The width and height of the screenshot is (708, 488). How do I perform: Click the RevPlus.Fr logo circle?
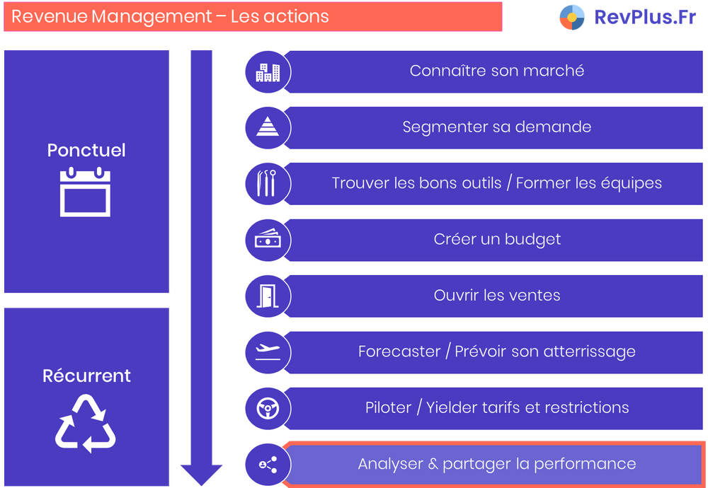tap(572, 17)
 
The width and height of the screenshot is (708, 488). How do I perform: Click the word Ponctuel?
tap(86, 150)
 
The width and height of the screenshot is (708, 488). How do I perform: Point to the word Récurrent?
tap(86, 376)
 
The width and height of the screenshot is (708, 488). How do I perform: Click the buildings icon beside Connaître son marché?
tap(268, 71)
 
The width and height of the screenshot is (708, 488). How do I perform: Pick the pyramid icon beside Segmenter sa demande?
tap(268, 127)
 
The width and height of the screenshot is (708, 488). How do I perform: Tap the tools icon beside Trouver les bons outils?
tap(268, 183)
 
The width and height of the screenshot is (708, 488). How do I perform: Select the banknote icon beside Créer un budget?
tap(268, 240)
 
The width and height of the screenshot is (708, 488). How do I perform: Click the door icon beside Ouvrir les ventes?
tap(268, 296)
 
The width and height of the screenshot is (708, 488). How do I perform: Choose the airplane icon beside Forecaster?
tap(268, 352)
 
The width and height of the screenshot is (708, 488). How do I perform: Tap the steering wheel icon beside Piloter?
tap(268, 408)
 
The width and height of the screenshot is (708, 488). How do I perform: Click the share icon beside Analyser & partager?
tap(268, 464)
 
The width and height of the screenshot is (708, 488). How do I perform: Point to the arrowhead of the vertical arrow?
tap(201, 475)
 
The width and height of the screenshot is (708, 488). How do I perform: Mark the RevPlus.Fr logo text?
tap(644, 17)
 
